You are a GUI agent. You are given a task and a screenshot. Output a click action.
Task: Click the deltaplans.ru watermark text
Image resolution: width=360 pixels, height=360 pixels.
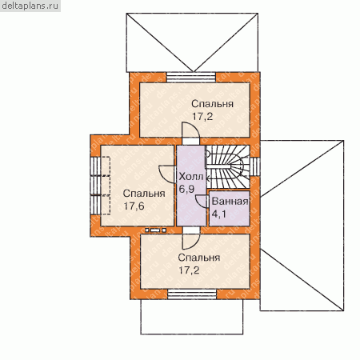[x=30, y=6]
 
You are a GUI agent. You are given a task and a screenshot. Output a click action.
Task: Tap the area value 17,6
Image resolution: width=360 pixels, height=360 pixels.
[x=134, y=206]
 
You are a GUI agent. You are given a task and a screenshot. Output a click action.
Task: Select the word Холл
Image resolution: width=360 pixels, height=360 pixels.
[x=191, y=176]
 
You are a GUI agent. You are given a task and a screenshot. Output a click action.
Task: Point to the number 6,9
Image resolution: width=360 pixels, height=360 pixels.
[x=186, y=189]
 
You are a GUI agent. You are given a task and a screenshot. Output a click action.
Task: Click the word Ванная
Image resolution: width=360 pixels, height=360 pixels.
[x=230, y=202]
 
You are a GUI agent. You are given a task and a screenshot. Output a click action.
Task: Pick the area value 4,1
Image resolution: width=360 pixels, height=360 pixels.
[x=218, y=214]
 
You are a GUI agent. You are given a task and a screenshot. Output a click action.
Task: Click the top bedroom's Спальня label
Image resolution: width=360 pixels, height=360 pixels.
[x=212, y=104]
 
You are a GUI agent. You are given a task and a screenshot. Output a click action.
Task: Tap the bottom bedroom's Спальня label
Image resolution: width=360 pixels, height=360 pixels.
[x=199, y=258]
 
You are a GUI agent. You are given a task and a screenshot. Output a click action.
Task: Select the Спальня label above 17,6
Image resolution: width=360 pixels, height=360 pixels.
[x=144, y=194]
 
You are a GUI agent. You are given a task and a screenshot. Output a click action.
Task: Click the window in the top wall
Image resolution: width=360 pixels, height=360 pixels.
[x=191, y=78]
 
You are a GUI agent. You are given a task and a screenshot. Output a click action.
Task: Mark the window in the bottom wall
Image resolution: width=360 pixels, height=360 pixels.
[x=192, y=294]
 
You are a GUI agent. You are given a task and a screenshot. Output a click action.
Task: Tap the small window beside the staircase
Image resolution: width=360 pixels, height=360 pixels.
[x=255, y=166]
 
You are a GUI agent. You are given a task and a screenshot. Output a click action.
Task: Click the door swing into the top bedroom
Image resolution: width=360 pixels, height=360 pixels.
[x=190, y=130]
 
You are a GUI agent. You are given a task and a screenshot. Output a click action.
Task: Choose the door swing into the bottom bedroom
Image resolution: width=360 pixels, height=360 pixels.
[x=191, y=242]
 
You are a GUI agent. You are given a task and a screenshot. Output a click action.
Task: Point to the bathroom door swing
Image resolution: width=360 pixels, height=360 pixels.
[x=202, y=202]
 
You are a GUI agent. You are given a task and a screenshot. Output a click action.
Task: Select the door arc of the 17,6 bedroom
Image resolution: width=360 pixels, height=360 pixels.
[x=167, y=174]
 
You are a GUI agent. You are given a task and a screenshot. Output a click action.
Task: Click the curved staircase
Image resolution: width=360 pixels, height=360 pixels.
[x=228, y=166]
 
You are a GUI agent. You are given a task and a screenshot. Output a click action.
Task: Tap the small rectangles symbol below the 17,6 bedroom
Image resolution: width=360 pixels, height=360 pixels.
[x=156, y=230]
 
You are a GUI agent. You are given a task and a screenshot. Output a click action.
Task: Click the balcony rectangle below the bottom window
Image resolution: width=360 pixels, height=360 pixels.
[x=192, y=317]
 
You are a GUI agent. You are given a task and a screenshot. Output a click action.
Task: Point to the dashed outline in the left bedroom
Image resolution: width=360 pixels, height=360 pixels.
[x=105, y=186]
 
